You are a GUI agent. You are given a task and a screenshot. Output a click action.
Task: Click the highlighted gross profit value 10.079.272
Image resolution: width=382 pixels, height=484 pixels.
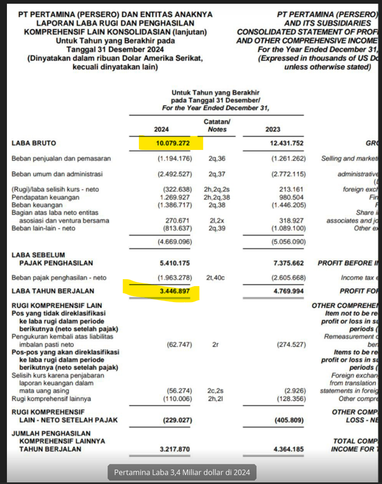click(171, 143)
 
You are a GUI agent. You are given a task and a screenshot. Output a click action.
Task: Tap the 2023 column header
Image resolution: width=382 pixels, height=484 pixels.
click(272, 129)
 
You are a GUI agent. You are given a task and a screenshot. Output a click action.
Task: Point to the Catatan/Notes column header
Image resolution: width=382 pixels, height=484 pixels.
click(217, 126)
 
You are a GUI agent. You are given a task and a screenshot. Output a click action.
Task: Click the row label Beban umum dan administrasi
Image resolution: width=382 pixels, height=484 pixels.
click(57, 174)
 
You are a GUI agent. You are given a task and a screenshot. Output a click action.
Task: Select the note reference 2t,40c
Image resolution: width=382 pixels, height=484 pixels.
click(217, 278)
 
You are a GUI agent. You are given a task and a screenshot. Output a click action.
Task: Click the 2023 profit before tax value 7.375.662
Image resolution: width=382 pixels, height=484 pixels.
click(285, 263)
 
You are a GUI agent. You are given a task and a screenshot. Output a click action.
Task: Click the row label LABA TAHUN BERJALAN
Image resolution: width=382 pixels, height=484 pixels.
click(53, 291)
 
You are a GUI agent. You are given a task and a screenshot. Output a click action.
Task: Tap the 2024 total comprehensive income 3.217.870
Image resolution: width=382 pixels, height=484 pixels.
click(173, 449)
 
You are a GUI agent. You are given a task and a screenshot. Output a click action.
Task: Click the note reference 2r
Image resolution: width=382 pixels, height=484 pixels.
click(215, 345)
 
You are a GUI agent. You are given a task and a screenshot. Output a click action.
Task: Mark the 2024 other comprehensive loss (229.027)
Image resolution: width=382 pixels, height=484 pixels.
click(175, 420)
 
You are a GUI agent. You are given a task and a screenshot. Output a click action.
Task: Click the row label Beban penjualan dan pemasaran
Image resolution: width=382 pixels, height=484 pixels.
click(61, 158)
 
